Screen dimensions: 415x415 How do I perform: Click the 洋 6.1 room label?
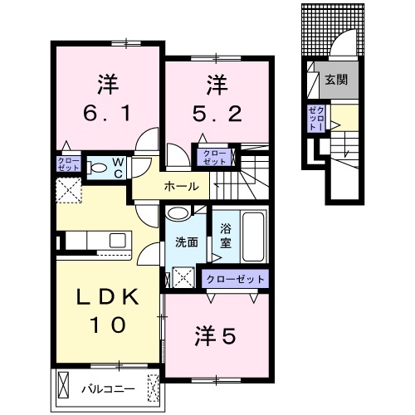(106, 97)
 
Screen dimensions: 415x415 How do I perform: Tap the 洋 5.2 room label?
(217, 97)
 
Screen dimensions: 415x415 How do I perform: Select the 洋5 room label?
(216, 336)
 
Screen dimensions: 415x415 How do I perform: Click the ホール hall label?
(182, 186)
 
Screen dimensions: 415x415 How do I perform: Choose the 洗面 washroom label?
(186, 242)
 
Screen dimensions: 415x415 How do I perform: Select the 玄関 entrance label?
(336, 80)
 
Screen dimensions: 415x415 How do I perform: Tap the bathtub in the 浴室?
(251, 237)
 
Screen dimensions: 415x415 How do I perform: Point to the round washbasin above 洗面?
(178, 213)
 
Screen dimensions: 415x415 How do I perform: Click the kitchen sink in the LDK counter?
(117, 241)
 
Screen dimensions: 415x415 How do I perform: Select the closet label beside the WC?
(68, 164)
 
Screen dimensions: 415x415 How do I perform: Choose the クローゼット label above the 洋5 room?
(237, 280)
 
